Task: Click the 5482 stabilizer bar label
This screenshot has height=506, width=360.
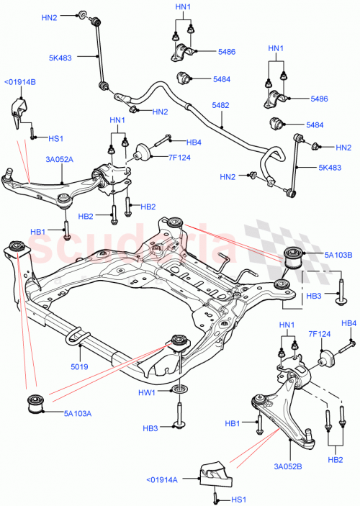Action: (x=221, y=106)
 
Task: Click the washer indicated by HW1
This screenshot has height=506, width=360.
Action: (x=179, y=390)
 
